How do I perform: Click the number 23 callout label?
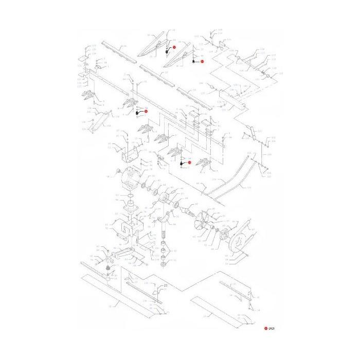[x=166, y=285]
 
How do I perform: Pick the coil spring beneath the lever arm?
[x=109, y=270]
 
